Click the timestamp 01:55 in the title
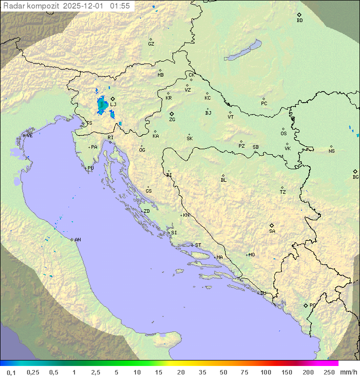tap(120, 6)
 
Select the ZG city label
tap(172, 120)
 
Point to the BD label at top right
tap(299, 21)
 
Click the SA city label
tap(272, 231)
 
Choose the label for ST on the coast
tap(198, 245)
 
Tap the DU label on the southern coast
tap(262, 293)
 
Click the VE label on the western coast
tap(29, 136)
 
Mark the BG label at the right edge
tap(355, 177)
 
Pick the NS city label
tap(331, 151)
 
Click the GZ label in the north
tap(151, 44)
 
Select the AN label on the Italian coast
tap(77, 240)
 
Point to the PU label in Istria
tap(90, 168)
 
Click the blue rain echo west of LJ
tap(101, 104)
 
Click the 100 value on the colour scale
tap(265, 372)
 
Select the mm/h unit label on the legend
tap(347, 372)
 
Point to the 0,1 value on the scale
tap(11, 372)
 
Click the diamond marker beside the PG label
tap(305, 305)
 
